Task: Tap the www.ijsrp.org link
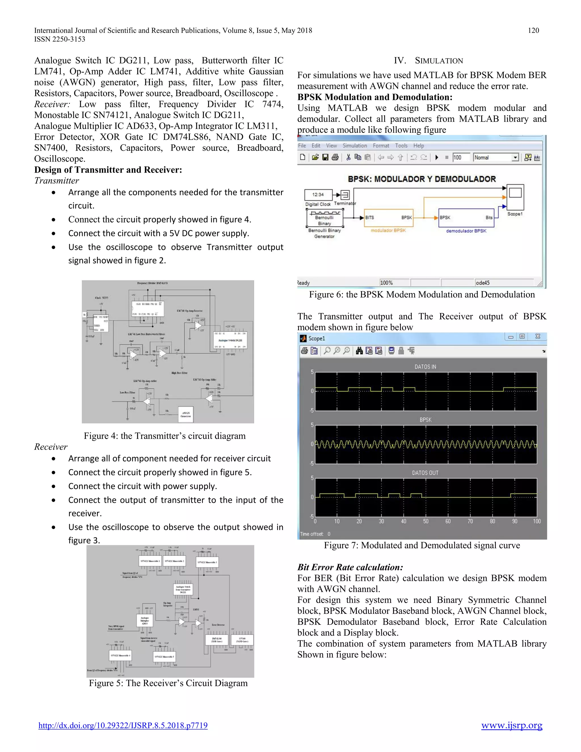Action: (511, 725)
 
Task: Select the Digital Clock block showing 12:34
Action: (318, 195)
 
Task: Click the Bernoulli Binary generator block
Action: (325, 218)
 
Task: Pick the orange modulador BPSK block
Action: (389, 218)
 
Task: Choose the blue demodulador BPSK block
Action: (466, 218)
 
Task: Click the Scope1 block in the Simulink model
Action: (515, 197)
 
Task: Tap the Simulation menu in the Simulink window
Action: (355, 146)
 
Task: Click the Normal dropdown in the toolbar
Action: (496, 157)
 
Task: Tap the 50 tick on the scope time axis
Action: (426, 521)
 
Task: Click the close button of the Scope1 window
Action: (538, 336)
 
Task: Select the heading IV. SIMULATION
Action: (429, 61)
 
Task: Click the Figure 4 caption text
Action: (165, 436)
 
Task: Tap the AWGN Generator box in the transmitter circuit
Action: (186, 414)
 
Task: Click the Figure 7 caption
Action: (422, 545)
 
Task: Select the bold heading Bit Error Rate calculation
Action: (350, 567)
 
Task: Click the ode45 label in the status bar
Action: (483, 283)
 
